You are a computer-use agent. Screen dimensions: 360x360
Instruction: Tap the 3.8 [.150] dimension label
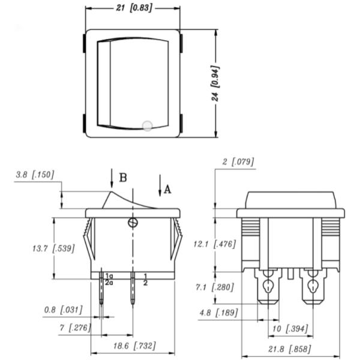click(35, 175)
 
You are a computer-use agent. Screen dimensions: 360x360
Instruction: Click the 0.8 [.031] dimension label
click(63, 310)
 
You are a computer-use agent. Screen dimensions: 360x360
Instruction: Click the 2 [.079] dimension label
click(238, 161)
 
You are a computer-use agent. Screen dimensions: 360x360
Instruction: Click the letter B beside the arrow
click(122, 178)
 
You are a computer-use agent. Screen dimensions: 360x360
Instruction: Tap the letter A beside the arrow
click(167, 189)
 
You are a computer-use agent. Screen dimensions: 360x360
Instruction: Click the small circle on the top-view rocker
click(148, 126)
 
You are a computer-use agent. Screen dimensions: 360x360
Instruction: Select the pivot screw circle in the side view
click(132, 223)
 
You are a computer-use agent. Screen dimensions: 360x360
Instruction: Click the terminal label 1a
click(109, 275)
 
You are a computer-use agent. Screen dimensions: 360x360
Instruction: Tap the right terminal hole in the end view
click(313, 286)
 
